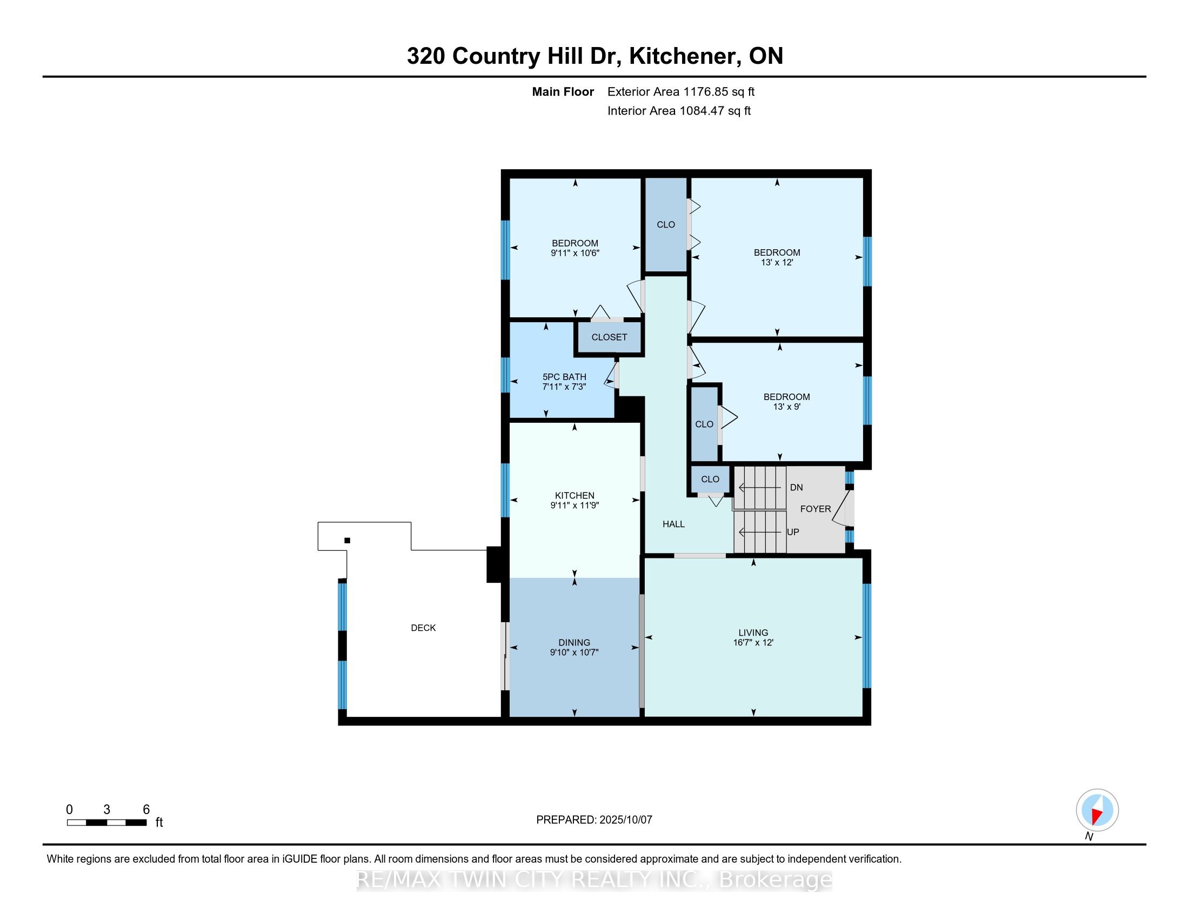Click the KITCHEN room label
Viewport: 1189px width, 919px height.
point(575,495)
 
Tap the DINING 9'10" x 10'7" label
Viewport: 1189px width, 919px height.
point(575,647)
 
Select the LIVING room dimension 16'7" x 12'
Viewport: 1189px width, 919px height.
point(753,642)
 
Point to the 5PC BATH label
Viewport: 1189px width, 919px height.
point(564,377)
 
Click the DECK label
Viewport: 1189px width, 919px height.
point(423,628)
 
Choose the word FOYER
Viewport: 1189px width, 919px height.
point(815,509)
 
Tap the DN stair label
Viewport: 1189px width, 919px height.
point(796,487)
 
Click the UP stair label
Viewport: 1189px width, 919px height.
point(793,532)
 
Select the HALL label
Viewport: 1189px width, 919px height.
point(673,524)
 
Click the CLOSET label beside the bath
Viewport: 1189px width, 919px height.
point(609,337)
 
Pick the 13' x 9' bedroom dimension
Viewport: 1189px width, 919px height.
point(786,407)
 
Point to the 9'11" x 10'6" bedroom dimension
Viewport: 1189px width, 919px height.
point(575,253)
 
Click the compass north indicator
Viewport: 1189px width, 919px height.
point(1097,810)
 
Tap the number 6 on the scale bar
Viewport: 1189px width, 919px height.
point(146,810)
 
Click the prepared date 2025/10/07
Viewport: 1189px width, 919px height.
point(625,820)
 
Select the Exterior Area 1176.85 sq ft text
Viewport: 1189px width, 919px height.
point(680,91)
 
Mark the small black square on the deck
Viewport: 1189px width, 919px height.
point(348,541)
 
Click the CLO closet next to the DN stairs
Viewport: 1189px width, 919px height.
point(710,479)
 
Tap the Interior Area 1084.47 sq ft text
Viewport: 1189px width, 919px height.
point(678,110)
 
